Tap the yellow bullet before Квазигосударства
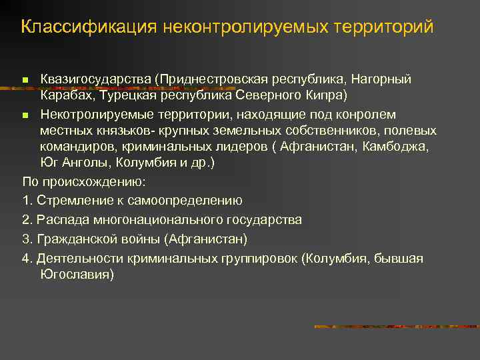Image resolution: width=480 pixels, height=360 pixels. tap(26, 80)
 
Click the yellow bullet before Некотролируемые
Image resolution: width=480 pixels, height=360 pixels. tap(26, 116)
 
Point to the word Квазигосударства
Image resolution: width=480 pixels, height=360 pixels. tap(95, 79)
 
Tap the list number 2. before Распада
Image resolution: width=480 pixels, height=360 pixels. tap(27, 219)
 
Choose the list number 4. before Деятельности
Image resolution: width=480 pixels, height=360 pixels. tap(27, 258)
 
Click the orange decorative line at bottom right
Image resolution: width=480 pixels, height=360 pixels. tap(396, 327)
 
